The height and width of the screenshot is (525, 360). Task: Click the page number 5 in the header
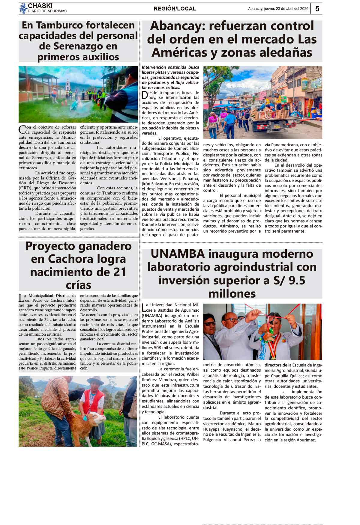pos(317,9)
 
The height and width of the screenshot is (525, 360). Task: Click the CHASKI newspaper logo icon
pos(23,8)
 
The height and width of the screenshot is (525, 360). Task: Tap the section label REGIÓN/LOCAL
pos(175,9)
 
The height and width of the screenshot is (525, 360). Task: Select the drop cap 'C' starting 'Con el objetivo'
pos(22,129)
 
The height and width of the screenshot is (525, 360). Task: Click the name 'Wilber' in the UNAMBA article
pos(193,374)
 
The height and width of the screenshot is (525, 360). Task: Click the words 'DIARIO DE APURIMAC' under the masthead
pos(47,11)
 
